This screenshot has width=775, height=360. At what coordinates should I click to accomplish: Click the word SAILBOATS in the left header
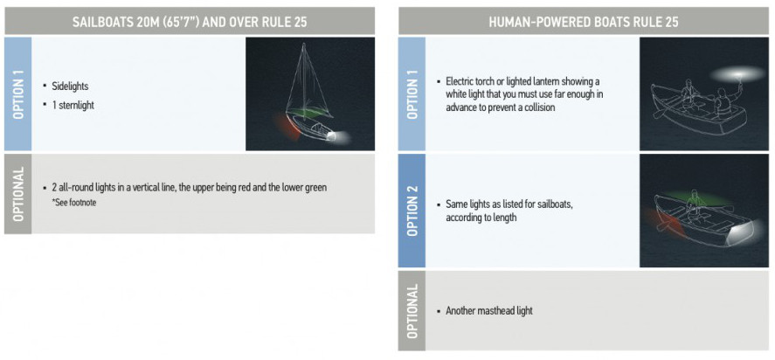(96, 22)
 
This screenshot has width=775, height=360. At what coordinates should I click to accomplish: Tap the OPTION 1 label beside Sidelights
(17, 94)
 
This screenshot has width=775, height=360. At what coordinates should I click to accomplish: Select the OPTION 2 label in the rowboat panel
(412, 211)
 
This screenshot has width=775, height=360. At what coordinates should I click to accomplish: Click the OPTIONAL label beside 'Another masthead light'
(412, 311)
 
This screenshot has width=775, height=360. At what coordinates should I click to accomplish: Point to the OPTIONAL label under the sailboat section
(17, 194)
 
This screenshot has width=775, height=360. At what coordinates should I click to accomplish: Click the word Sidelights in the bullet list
(70, 86)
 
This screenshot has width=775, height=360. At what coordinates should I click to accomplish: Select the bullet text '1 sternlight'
(73, 105)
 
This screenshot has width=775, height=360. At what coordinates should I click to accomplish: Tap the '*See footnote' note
(73, 202)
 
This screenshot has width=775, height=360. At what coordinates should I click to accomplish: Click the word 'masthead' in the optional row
(495, 311)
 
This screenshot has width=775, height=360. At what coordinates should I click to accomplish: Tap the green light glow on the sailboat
(307, 113)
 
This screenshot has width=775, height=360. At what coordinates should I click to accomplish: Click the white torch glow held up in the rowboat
(737, 74)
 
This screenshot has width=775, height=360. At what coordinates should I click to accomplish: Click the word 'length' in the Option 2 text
(504, 218)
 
